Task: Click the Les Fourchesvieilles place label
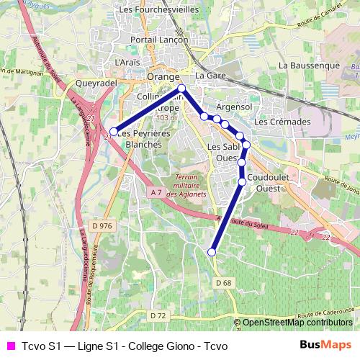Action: (x=158, y=10)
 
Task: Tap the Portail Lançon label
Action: (x=158, y=40)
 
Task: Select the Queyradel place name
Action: (x=96, y=83)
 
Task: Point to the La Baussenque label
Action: (x=309, y=65)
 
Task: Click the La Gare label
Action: (x=210, y=76)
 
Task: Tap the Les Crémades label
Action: (x=282, y=122)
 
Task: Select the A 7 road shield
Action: (x=157, y=192)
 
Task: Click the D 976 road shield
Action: (x=104, y=226)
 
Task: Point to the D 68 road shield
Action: (x=224, y=282)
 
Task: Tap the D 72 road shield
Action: (x=158, y=315)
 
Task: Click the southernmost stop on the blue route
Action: (x=212, y=252)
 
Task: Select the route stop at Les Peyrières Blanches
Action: (x=113, y=132)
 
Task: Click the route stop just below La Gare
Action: (x=181, y=89)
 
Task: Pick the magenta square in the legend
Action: (x=10, y=346)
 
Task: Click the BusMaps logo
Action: (x=326, y=346)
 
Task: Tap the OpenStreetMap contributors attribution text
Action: (x=297, y=323)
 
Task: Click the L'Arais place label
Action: (x=127, y=63)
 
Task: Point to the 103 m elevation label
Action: (x=166, y=118)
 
